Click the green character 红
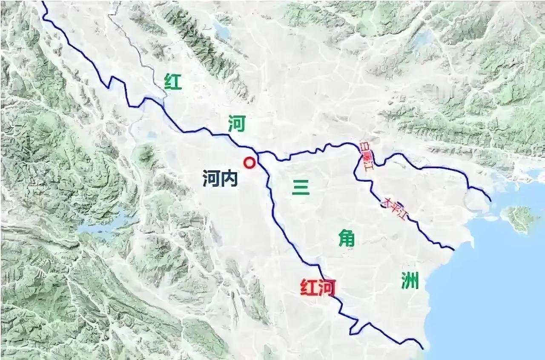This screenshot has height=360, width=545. click(x=172, y=82)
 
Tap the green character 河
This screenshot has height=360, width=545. click(x=236, y=124)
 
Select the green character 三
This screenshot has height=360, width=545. click(x=301, y=187)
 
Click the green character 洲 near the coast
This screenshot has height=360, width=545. click(x=410, y=281)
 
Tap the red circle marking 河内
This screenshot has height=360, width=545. click(x=249, y=163)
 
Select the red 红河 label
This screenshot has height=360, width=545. click(x=318, y=288)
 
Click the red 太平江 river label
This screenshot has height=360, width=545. click(x=394, y=209)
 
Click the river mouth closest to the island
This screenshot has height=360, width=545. click(x=490, y=201)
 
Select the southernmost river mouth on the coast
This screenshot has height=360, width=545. click(x=423, y=349)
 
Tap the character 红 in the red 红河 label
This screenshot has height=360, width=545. click(x=309, y=288)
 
